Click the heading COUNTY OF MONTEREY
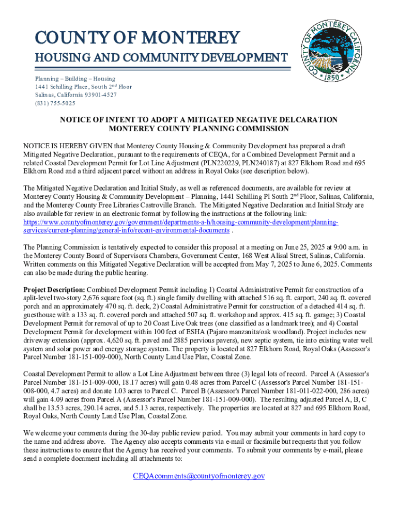tap(137, 38)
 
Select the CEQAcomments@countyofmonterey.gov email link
tap(198, 476)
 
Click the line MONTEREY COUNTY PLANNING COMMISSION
tap(198, 129)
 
